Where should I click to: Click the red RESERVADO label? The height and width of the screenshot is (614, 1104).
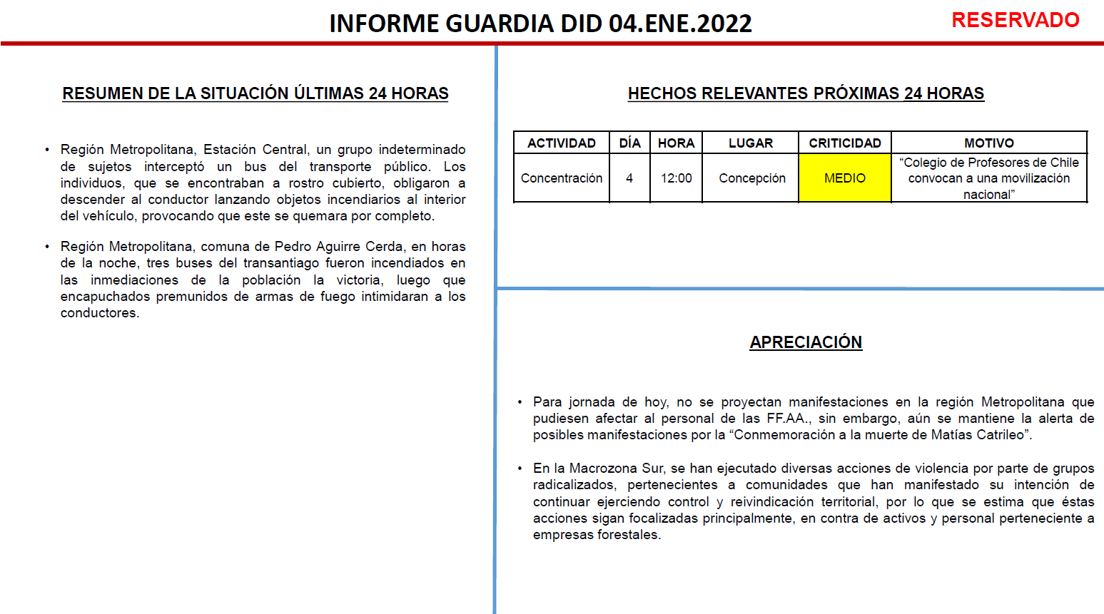coord(1015,20)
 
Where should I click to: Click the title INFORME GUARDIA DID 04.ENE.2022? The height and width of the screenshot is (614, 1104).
coord(540,24)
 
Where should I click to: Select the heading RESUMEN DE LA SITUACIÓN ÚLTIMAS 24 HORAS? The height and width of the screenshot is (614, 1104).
coord(255,93)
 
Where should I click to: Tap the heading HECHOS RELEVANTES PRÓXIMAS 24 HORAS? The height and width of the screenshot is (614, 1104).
coord(806,93)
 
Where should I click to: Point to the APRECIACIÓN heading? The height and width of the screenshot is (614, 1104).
coord(806,342)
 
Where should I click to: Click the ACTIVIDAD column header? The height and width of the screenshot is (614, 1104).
coord(562,143)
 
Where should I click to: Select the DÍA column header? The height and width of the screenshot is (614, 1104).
coord(629,143)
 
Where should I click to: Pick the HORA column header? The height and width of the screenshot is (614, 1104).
coord(676,143)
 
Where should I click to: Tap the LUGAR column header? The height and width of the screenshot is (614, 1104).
coord(751,143)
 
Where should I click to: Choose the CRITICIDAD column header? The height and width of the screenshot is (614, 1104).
coord(845,143)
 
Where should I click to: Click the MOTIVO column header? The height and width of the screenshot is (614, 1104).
coord(989,143)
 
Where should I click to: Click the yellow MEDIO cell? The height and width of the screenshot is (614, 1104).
coord(845,178)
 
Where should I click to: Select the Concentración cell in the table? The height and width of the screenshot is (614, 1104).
coord(562,178)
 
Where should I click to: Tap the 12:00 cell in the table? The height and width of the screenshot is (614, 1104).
coord(676,178)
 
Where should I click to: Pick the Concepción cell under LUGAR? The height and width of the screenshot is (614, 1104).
coord(752,178)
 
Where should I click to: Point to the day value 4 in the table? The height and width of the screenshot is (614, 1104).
coord(629,178)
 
